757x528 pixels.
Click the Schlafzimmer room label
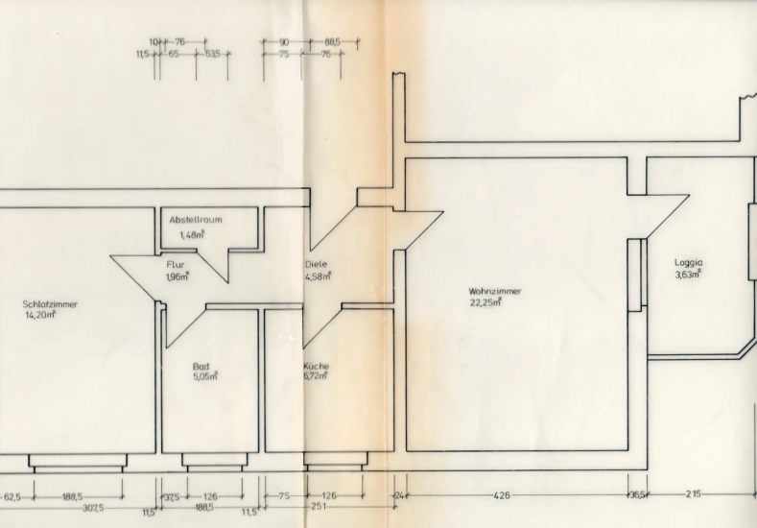50,303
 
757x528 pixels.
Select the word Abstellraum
196,220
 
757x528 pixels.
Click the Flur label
175,265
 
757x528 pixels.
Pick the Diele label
316,264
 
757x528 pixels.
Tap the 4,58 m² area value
318,276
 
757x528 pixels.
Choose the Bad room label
201,366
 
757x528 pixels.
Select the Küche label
317,366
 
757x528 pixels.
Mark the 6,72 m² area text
317,376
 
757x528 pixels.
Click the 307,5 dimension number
93,507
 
